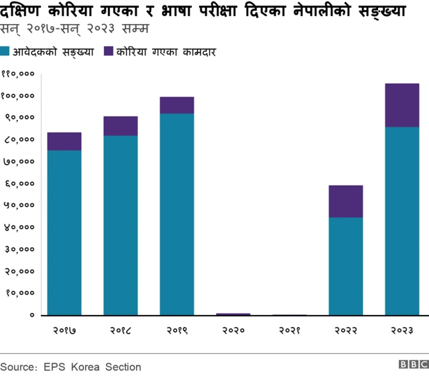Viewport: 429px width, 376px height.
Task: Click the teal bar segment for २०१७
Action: click(x=64, y=232)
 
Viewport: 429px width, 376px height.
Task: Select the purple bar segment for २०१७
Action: click(x=64, y=141)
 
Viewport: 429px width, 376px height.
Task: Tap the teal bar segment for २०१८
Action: click(x=121, y=225)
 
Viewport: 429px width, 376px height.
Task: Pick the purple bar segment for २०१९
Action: click(x=177, y=105)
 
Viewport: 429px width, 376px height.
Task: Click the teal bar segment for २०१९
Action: click(x=177, y=214)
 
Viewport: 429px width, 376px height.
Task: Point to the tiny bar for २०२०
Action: click(x=233, y=314)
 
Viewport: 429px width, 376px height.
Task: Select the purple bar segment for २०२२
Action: click(x=346, y=201)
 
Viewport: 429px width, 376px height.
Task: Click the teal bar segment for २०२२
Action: click(x=346, y=266)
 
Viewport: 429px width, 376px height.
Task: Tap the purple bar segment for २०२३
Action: click(x=402, y=105)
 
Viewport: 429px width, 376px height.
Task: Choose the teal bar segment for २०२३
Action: click(x=402, y=221)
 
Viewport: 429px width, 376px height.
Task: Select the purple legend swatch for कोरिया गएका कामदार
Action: click(x=109, y=52)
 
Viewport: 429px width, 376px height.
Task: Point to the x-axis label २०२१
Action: click(x=290, y=330)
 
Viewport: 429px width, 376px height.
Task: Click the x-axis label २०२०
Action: click(x=233, y=330)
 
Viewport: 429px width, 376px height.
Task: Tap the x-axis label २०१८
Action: click(x=121, y=330)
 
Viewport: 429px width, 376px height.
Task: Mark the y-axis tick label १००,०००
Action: click(x=18, y=96)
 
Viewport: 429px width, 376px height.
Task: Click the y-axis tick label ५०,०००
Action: click(x=20, y=205)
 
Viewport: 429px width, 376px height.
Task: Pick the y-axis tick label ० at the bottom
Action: click(x=32, y=314)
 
